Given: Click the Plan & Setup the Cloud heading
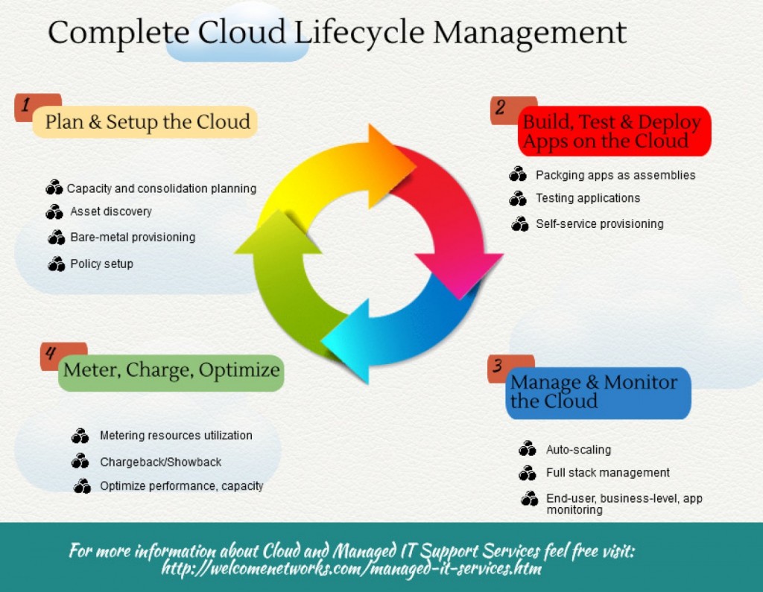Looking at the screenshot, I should tap(147, 122).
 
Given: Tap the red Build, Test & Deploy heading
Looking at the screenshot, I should tap(612, 132).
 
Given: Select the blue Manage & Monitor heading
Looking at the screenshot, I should tap(594, 392).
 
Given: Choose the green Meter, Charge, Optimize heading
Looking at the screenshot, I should tap(171, 370).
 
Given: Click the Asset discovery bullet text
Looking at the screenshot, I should tap(110, 211).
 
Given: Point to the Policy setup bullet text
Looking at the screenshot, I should tap(101, 264).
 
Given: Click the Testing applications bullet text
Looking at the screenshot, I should tap(587, 198).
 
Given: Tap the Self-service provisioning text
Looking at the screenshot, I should tap(599, 223).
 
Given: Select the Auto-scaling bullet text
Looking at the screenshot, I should tap(578, 450).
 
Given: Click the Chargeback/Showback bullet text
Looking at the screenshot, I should tap(160, 462).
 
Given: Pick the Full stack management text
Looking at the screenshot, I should tap(607, 473).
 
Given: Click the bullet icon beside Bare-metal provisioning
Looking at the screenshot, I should tap(57, 238).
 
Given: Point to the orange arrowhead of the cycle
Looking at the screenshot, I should tap(388, 156).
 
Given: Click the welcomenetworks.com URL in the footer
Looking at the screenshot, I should tap(351, 570).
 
